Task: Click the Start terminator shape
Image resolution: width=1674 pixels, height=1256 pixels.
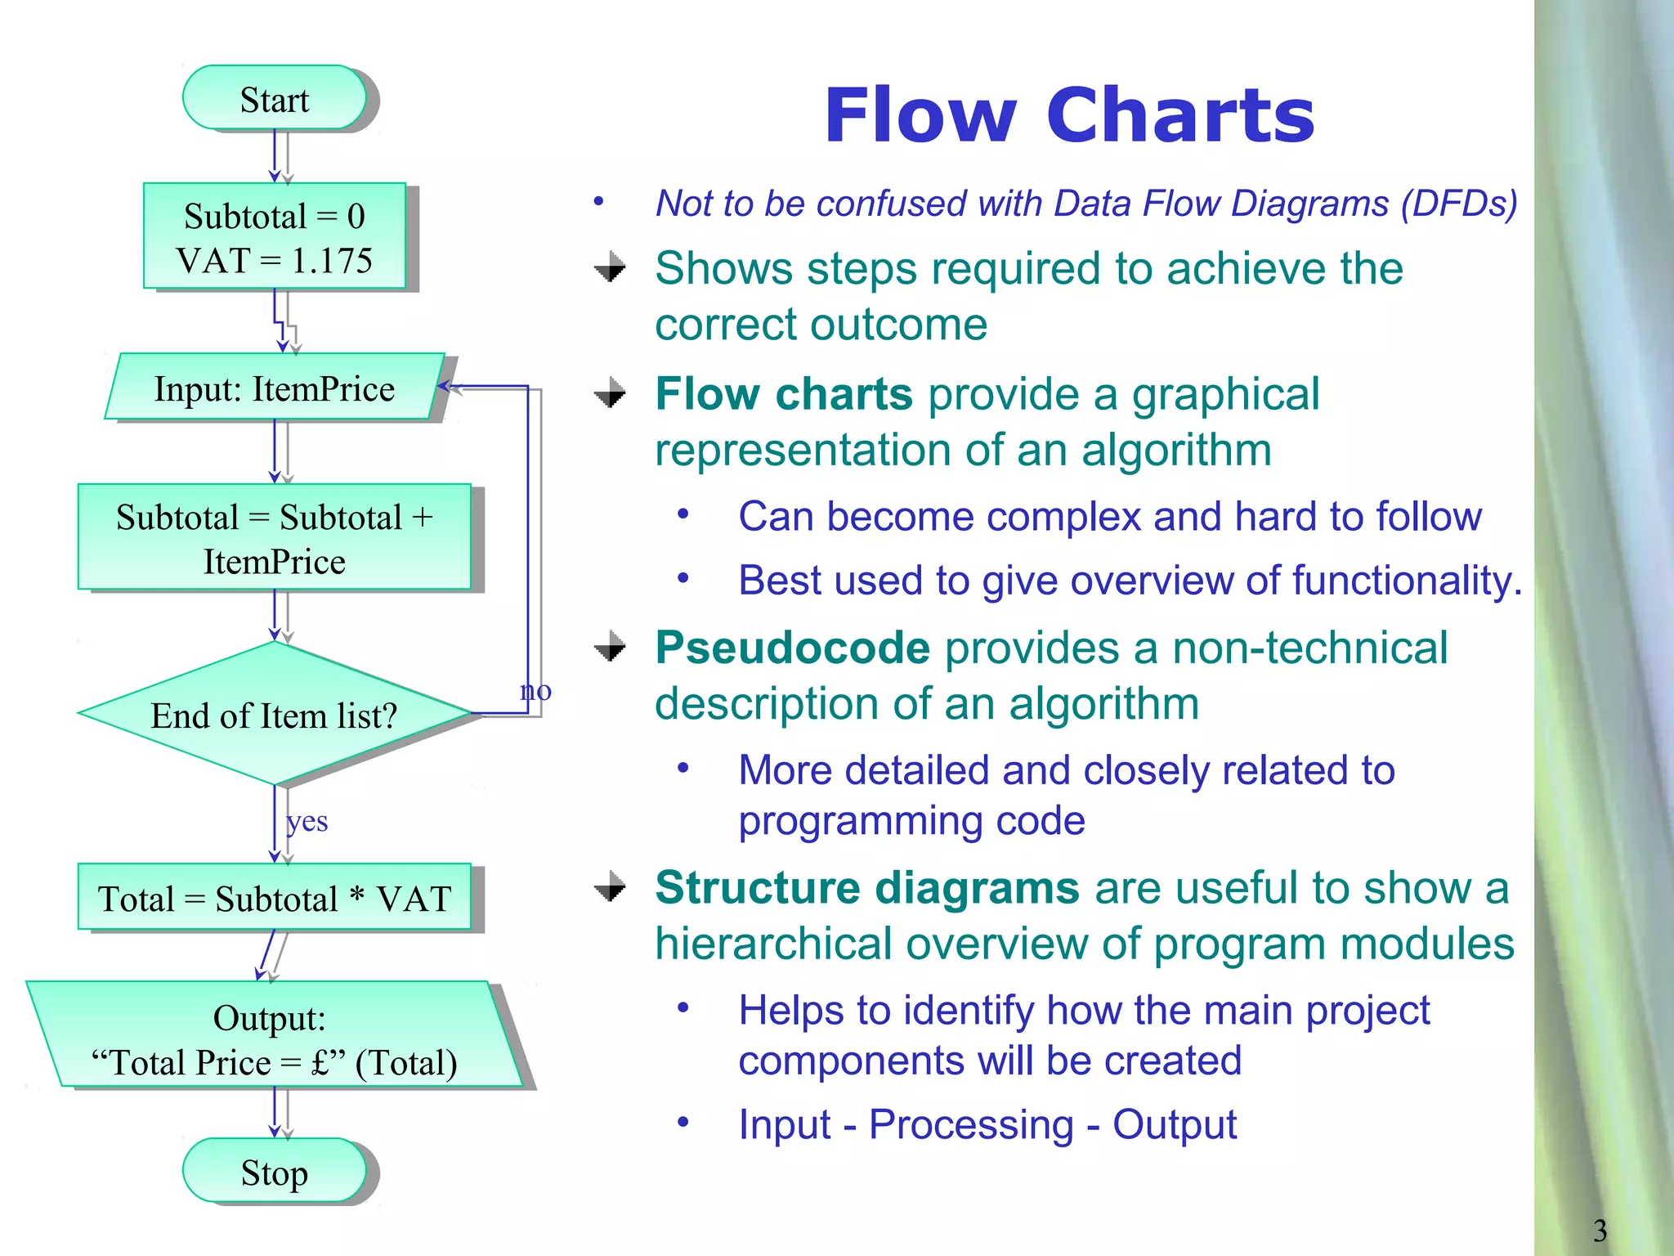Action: (x=275, y=98)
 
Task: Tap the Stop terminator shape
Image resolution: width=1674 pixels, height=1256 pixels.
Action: (x=275, y=1171)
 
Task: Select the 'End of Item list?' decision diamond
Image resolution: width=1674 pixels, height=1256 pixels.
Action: (x=275, y=714)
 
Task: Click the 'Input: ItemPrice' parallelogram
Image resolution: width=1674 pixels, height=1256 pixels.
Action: (x=275, y=388)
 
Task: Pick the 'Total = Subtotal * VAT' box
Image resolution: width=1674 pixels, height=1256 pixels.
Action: (x=275, y=898)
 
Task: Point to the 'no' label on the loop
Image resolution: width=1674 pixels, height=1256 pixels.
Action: (x=535, y=691)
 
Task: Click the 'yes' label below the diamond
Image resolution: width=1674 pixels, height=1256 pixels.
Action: (x=307, y=821)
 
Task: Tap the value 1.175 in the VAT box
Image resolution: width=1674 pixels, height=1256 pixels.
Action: (x=331, y=261)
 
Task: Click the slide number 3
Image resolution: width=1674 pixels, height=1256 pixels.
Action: (x=1600, y=1230)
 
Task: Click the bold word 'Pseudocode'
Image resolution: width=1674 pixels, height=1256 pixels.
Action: (x=792, y=648)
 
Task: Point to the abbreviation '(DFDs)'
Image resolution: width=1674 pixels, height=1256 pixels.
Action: (x=1458, y=204)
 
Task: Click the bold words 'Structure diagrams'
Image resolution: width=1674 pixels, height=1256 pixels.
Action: (x=866, y=887)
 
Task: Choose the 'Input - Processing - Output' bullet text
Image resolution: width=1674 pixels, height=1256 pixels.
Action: (x=987, y=1124)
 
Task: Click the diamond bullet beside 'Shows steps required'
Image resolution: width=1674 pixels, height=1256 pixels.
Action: (x=610, y=267)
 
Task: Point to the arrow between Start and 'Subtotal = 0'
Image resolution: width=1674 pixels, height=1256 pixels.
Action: (x=275, y=155)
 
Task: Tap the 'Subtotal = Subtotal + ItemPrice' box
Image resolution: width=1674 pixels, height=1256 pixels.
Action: (x=275, y=537)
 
